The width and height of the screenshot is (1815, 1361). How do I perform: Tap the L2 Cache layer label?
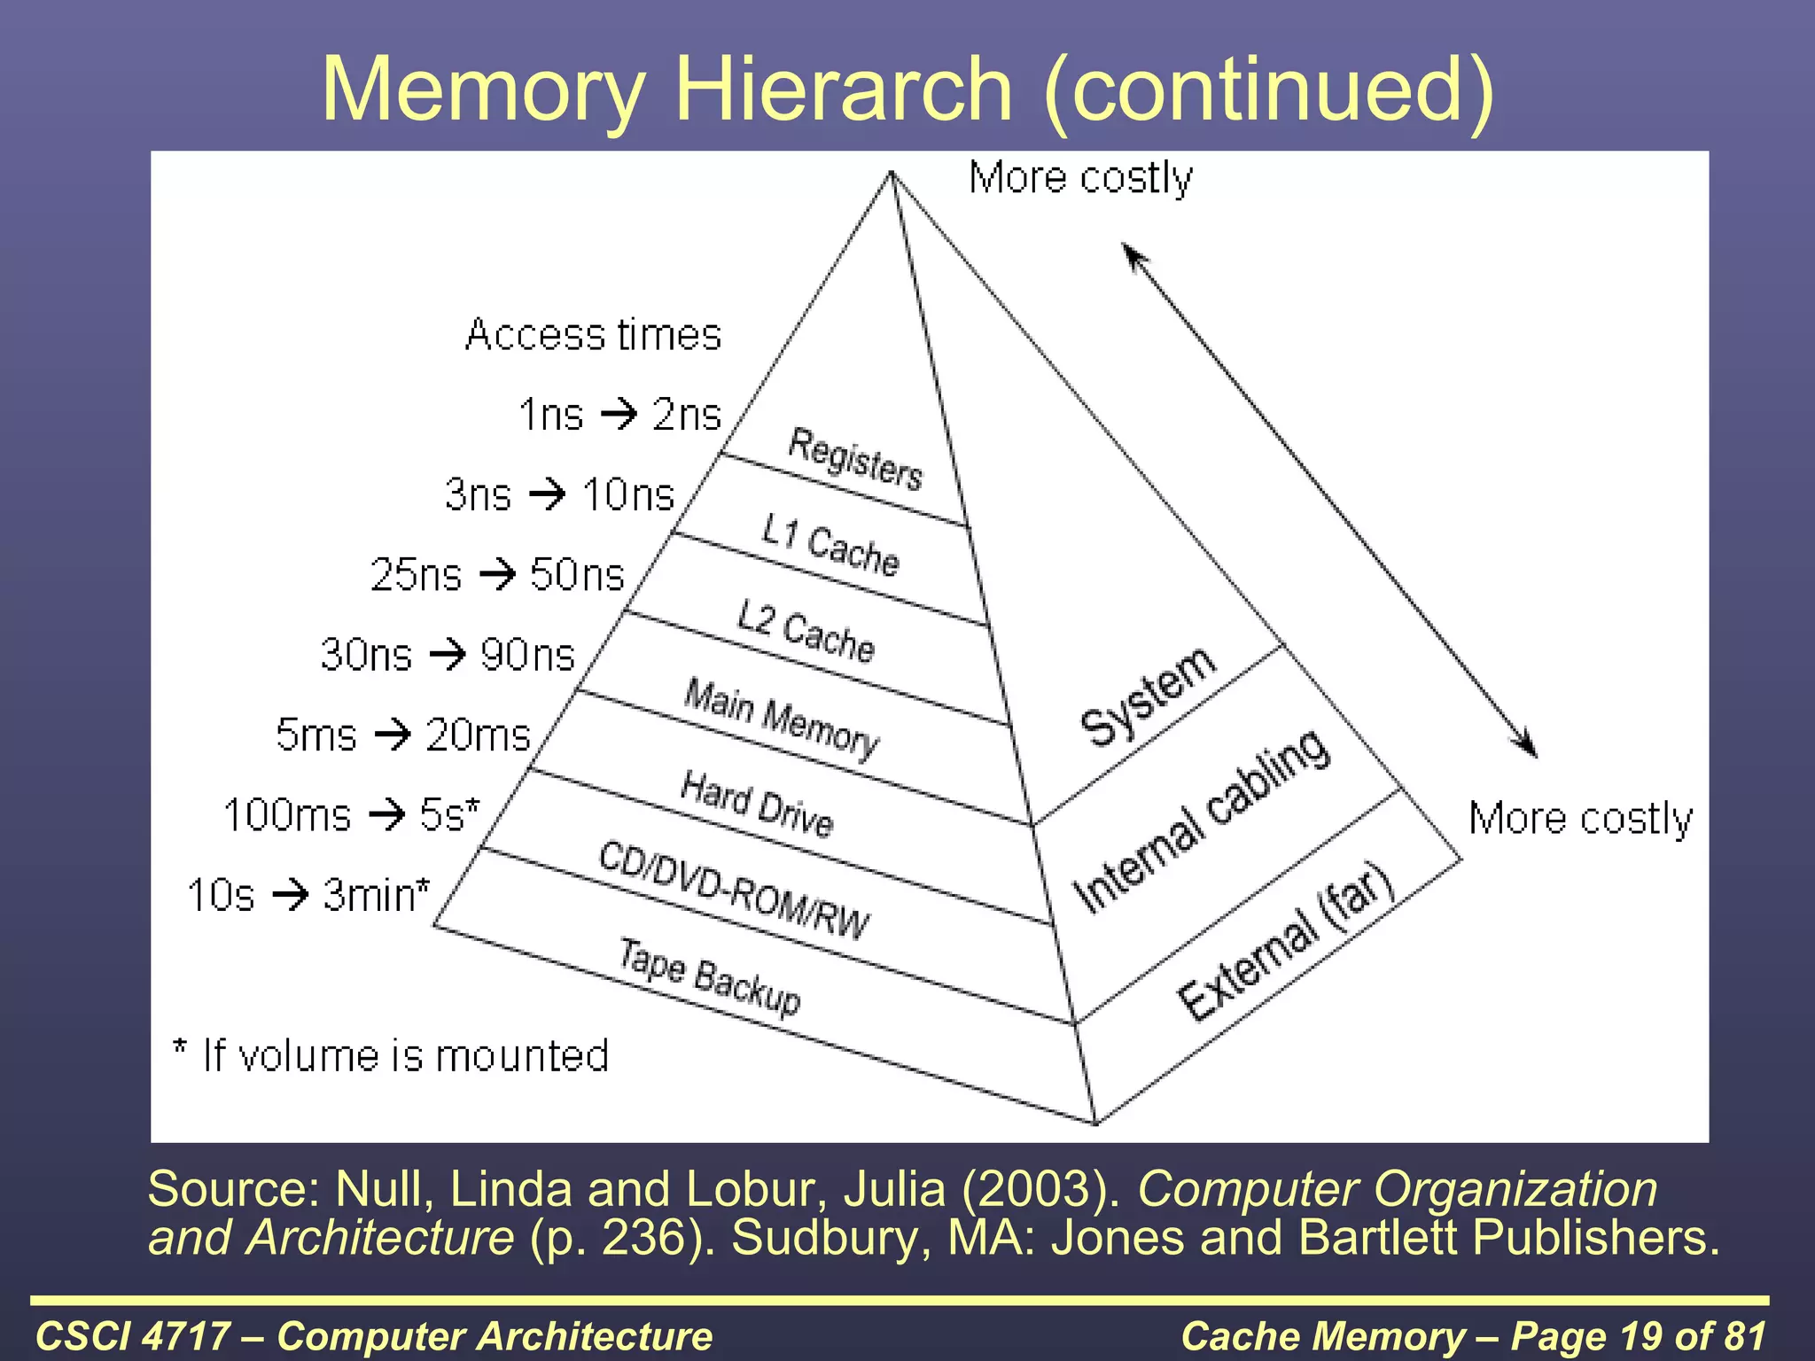click(806, 631)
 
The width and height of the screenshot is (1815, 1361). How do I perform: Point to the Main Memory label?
click(782, 718)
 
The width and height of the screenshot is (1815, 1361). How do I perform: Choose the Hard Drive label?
click(757, 804)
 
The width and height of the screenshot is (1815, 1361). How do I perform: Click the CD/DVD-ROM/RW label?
click(734, 890)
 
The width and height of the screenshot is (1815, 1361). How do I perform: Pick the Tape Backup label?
click(709, 976)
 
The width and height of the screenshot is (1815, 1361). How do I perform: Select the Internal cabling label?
click(1201, 820)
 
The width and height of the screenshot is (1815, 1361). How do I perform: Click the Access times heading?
click(593, 335)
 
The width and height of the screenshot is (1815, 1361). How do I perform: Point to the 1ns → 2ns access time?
click(619, 414)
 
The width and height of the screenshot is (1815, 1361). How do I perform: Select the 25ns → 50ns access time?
click(497, 574)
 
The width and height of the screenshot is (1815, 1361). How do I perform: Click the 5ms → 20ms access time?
click(402, 735)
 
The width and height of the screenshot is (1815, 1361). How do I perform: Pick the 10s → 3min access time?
click(308, 894)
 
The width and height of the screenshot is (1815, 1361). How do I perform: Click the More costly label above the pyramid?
click(1080, 178)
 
